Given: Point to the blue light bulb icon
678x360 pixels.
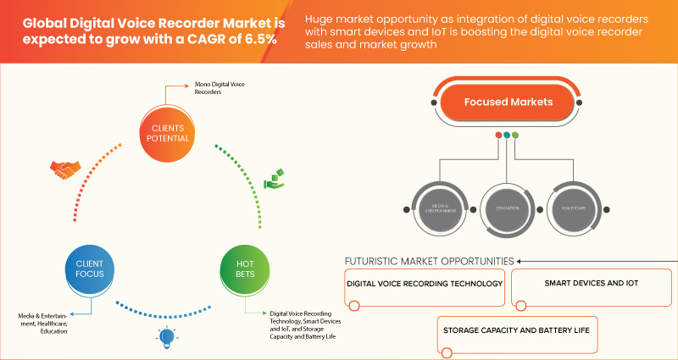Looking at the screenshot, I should point(165,337).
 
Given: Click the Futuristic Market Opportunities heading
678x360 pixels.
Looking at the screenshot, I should point(429,260).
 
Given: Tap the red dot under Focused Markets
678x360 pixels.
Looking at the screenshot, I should point(497,135).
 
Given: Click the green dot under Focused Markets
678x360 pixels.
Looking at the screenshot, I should point(515,135).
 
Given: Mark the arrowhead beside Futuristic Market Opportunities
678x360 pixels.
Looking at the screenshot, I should point(519,260).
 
